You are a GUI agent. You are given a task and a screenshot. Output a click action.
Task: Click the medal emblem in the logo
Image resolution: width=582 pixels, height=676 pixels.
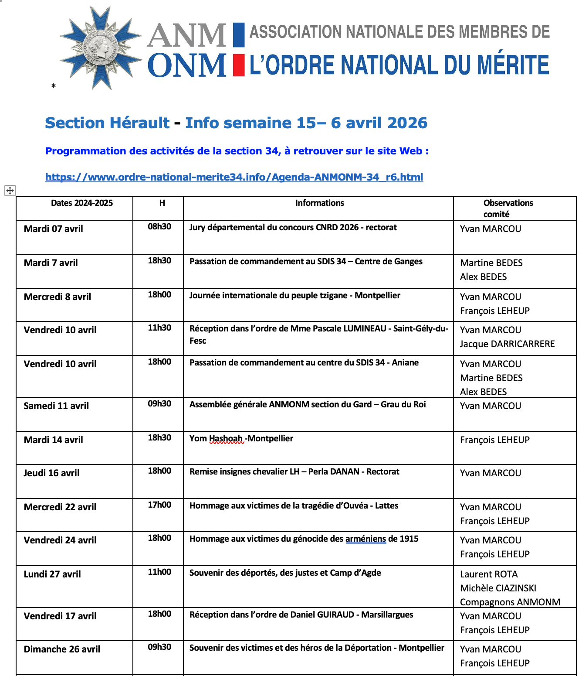pos(101,48)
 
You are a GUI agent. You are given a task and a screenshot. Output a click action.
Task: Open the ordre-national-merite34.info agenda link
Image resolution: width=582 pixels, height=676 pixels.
pos(234,177)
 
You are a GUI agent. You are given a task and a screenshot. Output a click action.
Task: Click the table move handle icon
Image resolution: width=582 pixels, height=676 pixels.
pos(10,190)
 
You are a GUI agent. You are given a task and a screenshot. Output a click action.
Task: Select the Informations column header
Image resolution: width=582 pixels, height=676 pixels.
pos(319,203)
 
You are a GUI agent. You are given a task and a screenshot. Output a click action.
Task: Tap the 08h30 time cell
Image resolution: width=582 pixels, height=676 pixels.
pos(159,227)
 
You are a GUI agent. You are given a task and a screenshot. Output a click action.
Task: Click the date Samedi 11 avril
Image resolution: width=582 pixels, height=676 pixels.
pos(56,406)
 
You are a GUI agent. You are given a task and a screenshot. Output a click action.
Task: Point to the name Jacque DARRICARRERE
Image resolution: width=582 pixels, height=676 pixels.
pos(507,344)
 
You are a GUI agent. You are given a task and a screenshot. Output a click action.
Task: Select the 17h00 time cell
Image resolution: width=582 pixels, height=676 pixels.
pos(159,505)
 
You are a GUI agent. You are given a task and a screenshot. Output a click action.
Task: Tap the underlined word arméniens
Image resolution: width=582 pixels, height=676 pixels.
pos(365,539)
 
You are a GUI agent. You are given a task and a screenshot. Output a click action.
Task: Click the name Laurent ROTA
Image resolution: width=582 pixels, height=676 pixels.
pos(489,574)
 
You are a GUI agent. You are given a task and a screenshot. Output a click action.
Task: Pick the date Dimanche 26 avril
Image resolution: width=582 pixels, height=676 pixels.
pos(62,649)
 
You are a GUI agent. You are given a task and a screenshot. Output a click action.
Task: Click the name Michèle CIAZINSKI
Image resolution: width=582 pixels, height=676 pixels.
pos(498,588)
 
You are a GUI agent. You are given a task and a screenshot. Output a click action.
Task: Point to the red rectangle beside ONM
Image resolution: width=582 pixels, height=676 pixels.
pos(238,65)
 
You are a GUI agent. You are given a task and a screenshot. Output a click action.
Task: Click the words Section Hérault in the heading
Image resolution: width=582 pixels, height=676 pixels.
pos(107,123)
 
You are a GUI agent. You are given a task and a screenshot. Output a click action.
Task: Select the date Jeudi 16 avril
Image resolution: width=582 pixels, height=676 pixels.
pos(51,473)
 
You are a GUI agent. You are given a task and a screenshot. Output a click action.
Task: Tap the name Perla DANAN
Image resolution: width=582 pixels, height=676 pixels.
pos(334,472)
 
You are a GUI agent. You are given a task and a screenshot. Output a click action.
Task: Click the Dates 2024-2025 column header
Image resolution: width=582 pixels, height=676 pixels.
pos(81,203)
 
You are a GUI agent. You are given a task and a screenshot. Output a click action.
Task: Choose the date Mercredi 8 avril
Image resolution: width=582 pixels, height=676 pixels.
pos(58,297)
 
